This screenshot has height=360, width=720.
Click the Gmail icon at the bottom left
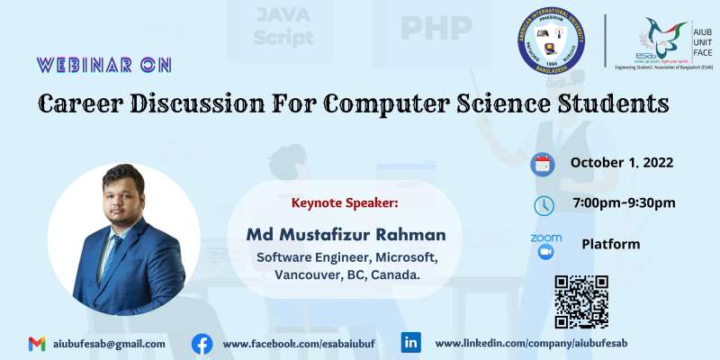(37, 344)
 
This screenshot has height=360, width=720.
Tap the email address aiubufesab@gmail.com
(109, 344)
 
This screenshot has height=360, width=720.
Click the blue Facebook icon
(202, 344)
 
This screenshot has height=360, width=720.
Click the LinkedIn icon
(411, 343)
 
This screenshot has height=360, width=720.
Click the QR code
(581, 301)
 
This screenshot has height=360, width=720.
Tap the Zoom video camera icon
(545, 253)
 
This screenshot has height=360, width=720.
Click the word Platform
(611, 244)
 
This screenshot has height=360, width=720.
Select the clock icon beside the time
(544, 205)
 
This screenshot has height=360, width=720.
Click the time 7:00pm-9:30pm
(623, 202)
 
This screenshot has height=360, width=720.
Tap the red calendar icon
(543, 164)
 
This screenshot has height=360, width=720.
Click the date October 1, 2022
(622, 163)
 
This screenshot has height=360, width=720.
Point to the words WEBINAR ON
(103, 65)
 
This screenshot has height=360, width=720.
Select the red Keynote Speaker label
(345, 202)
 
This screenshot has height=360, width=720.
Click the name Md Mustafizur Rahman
(346, 235)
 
